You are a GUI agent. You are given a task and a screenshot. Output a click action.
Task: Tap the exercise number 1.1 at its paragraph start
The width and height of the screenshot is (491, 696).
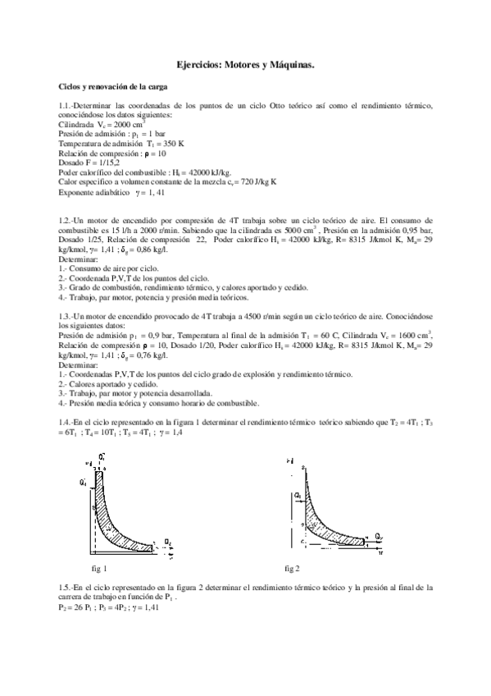(67, 107)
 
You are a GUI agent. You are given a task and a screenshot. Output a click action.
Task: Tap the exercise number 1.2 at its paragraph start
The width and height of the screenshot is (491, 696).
(67, 222)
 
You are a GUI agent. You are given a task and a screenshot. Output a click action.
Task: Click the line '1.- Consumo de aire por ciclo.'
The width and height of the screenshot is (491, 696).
(112, 268)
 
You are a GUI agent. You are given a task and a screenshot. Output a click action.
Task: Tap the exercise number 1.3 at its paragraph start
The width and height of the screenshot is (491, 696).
(67, 317)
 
